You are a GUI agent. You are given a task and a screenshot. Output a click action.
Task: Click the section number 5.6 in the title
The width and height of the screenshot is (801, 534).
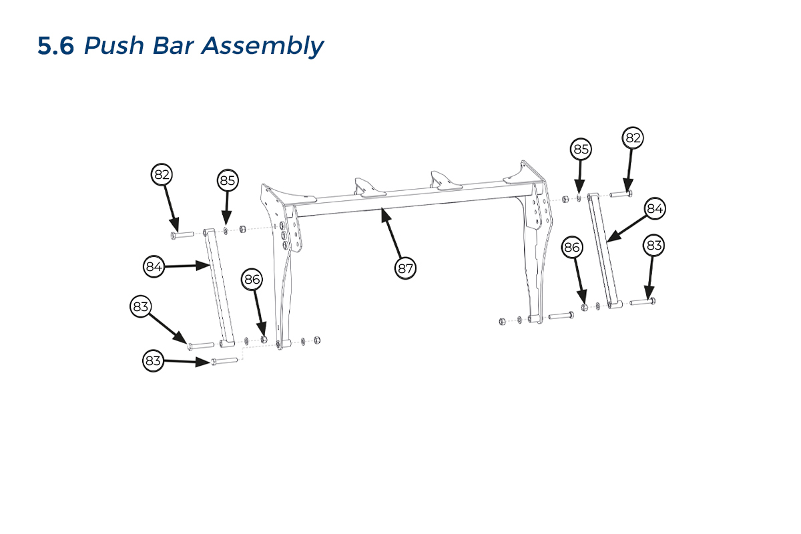pos(55,46)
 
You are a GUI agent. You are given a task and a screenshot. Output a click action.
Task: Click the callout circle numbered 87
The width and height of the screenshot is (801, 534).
pos(405,268)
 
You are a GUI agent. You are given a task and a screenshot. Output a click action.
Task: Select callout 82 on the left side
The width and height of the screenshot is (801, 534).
pos(162,175)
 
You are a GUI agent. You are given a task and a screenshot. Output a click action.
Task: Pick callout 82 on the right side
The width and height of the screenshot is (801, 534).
pos(633,138)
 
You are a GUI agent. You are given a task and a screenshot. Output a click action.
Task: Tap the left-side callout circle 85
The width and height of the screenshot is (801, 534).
pos(228,180)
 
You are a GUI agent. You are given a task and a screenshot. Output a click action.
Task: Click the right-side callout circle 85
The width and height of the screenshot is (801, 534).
pos(581,149)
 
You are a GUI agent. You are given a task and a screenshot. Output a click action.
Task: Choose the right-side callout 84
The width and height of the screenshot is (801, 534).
pos(655,209)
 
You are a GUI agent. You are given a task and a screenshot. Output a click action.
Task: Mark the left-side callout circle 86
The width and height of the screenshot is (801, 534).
pos(252,280)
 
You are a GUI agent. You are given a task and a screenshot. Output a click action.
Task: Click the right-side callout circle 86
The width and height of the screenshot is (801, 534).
pos(573,247)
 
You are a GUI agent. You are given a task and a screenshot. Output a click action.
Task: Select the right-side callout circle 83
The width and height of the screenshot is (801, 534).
pos(654,246)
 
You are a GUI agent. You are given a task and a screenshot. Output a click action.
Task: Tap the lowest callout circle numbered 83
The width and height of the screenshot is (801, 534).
pos(154,361)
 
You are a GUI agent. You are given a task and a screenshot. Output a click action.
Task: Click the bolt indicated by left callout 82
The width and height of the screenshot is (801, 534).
pos(182,234)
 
